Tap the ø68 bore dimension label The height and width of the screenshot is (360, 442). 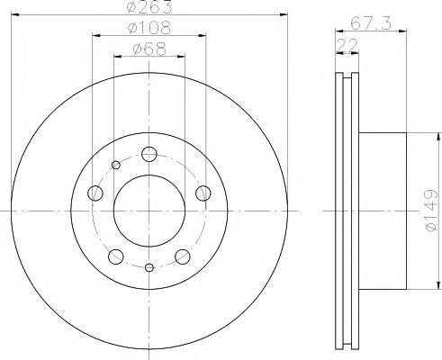tap(149, 49)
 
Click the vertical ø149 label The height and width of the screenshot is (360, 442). tap(431, 211)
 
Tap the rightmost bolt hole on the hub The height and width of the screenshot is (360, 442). tap(203, 192)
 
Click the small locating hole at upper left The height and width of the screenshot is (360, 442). tap(115, 164)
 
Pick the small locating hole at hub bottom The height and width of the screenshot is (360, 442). tap(149, 266)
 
